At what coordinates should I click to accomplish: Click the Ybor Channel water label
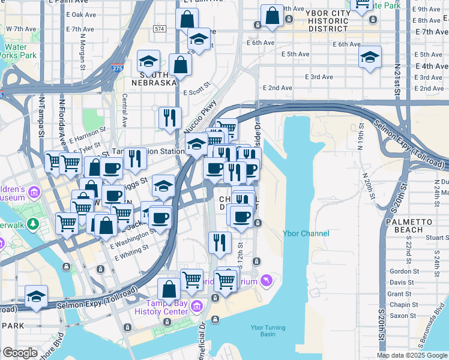pos(306,233)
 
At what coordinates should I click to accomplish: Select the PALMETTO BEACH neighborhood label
pos(413,226)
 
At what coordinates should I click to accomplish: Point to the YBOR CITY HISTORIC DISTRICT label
pos(327,20)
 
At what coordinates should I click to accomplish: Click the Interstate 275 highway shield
pos(118,69)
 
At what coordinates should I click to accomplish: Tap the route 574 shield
pos(159,28)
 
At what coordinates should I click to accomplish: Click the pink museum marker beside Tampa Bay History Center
pos(196,308)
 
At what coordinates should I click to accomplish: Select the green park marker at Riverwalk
pos(34,223)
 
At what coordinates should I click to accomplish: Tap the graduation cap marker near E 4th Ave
pos(370,58)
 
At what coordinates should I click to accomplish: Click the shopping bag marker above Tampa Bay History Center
pos(169,289)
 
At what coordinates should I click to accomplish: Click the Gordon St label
pos(403,271)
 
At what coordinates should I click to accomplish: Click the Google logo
pos(20,353)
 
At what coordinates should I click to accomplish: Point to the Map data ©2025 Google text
pos(411,355)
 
